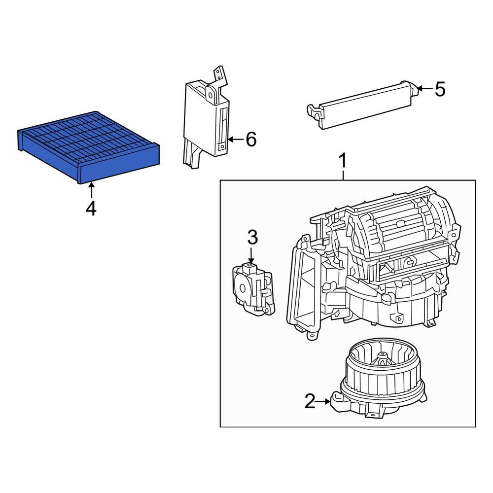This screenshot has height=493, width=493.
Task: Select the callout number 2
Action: [x=309, y=402]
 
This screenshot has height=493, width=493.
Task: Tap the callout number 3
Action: [x=252, y=238]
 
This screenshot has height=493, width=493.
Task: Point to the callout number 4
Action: [x=91, y=209]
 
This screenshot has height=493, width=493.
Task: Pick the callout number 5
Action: [x=439, y=90]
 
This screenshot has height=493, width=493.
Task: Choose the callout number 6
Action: [x=251, y=140]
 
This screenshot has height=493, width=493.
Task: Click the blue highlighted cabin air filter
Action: [x=89, y=145]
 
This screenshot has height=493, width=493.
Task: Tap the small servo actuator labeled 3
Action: [x=253, y=288]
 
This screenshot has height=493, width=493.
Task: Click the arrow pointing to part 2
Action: [x=324, y=402]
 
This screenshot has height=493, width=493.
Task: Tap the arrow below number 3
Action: [x=251, y=256]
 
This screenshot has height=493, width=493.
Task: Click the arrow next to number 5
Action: [x=425, y=89]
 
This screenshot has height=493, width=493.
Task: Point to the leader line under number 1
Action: [x=343, y=175]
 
